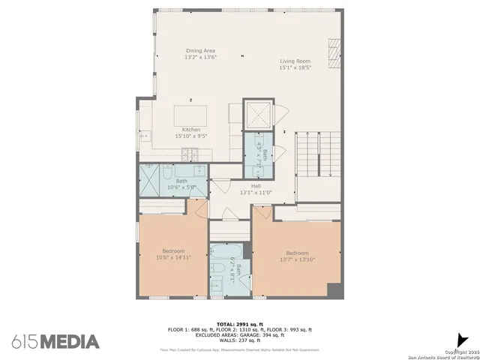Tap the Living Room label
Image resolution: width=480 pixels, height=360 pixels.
(295, 61)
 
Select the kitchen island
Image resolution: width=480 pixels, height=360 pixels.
(192, 116)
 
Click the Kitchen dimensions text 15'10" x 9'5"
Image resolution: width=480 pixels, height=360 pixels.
(190, 136)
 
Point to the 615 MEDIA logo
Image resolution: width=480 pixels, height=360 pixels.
(55, 341)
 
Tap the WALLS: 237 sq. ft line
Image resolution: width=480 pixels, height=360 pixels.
(239, 340)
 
